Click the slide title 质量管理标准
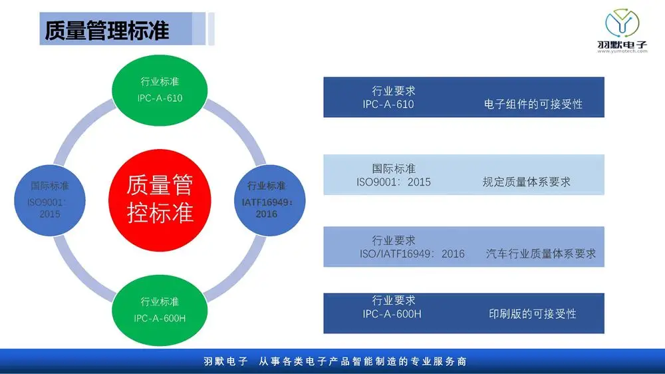tap(107, 31)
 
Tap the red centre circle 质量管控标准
tap(160, 200)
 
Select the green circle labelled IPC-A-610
tap(160, 90)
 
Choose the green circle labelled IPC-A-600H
tap(160, 310)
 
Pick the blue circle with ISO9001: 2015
tap(50, 200)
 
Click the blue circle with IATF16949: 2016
tap(270, 200)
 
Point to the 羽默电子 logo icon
tap(622, 23)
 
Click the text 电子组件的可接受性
tap(533, 104)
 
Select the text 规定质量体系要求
tap(526, 182)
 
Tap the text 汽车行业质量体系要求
tap(541, 254)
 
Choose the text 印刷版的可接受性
tap(532, 313)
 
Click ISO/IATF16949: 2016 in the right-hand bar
tap(412, 254)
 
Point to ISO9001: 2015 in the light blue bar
tap(394, 182)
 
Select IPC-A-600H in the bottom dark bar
tap(392, 314)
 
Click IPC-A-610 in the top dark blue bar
tap(388, 104)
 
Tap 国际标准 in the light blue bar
tap(394, 168)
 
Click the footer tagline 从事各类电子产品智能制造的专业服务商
tap(363, 361)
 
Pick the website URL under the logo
tap(622, 51)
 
